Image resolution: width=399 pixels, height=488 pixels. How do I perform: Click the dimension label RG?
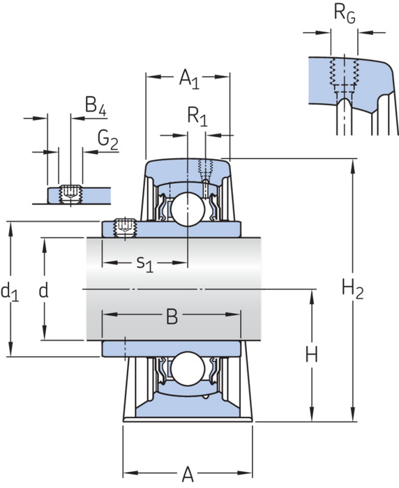345,14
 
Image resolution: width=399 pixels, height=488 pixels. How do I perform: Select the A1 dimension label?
189,79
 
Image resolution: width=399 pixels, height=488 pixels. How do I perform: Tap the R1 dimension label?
197,117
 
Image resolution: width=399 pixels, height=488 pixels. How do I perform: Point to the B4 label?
96,106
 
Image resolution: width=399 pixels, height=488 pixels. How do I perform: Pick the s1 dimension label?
145,264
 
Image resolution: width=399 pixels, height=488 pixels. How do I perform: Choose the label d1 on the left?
10,293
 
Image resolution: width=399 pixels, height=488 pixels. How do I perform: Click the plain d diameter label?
44,291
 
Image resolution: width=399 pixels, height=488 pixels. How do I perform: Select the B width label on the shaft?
172,316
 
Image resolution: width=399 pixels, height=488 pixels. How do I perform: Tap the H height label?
312,355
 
